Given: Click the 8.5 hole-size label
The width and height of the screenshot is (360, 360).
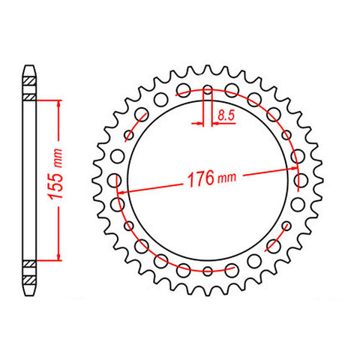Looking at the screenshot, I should (x=223, y=115).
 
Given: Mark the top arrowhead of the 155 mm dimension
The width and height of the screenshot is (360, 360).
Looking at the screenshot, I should (x=56, y=102).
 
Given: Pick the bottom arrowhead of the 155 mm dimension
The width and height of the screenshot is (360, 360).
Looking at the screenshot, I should (x=56, y=257).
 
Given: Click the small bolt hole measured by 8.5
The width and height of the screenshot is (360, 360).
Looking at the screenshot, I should (x=208, y=91).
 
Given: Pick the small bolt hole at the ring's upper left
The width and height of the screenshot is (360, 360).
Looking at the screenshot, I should (x=139, y=115).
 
